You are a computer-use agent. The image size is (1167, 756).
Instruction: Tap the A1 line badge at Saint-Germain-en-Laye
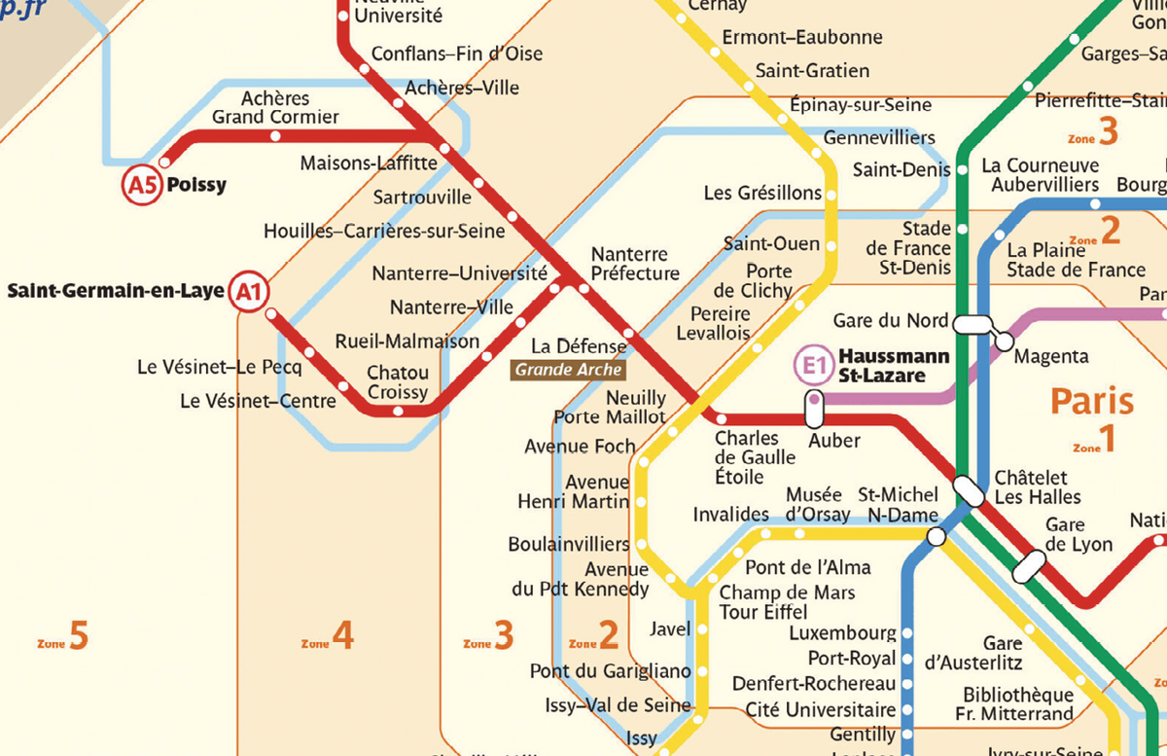pos(249,290)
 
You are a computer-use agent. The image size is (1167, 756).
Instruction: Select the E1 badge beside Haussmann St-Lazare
pos(814,366)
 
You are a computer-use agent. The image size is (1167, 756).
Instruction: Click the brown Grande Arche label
pos(569,370)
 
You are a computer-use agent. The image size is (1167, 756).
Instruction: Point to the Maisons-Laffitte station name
pos(362,163)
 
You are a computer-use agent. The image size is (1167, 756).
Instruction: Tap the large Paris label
pos(1092,401)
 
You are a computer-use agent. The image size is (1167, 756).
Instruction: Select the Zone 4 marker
pos(328,637)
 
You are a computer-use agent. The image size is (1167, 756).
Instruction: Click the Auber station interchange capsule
pos(815,410)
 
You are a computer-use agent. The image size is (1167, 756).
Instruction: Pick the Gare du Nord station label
pos(890,320)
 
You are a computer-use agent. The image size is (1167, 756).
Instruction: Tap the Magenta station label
pos(1051,357)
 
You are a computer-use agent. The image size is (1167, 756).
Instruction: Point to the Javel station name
pos(669,630)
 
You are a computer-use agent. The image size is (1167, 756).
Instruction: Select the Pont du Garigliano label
pos(610,671)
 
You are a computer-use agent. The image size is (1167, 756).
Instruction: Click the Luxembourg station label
pos(842,633)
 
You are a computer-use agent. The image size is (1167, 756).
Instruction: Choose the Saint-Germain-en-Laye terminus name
pos(116,290)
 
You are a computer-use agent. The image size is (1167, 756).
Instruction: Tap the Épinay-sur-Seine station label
pos(860,104)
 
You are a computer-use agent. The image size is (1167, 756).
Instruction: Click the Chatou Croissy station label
pos(397,382)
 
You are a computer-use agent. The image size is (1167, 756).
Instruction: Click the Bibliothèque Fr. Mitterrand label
pos(1018,704)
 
